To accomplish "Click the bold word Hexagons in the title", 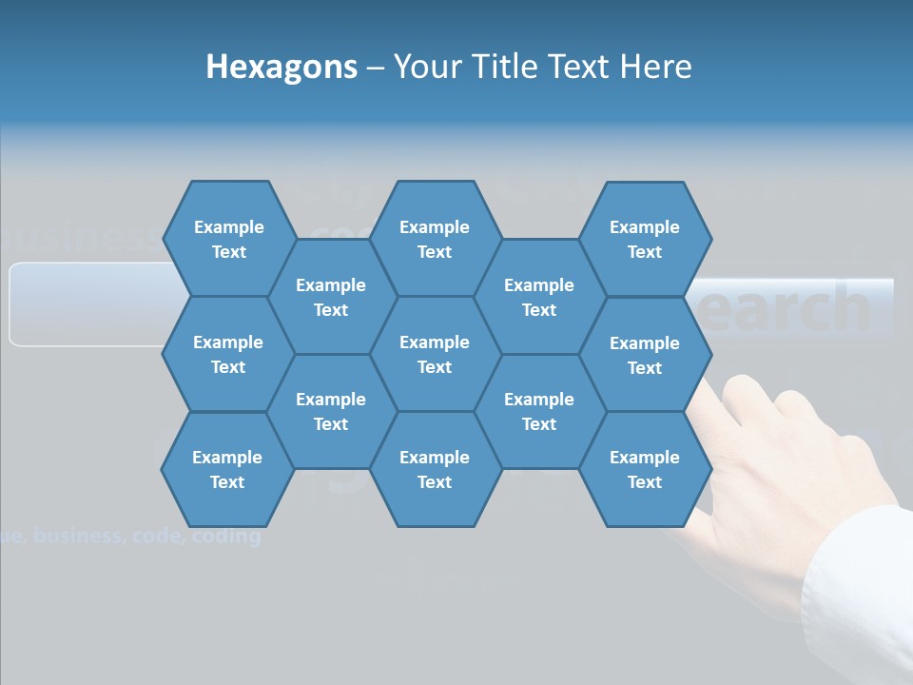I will tap(282, 67).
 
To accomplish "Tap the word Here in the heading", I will tap(655, 67).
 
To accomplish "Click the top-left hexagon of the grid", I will tap(228, 239).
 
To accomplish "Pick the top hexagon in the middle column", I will tap(435, 239).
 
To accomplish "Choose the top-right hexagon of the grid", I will tap(645, 239).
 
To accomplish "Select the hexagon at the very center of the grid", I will tap(435, 354).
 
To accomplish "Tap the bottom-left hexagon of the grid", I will tap(227, 469).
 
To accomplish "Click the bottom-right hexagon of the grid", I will tap(645, 469).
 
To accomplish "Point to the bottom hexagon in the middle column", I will tap(435, 469).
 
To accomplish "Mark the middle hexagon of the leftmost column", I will tap(228, 354).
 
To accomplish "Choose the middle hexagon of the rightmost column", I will tap(645, 355).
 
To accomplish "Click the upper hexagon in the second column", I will tap(331, 297).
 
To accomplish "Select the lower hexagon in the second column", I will tap(331, 411).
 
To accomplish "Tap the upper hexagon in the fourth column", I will tap(539, 297).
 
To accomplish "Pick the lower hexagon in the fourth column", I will tap(539, 411).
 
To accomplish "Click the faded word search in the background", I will tap(789, 307).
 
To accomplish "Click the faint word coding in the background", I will tap(225, 537).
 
